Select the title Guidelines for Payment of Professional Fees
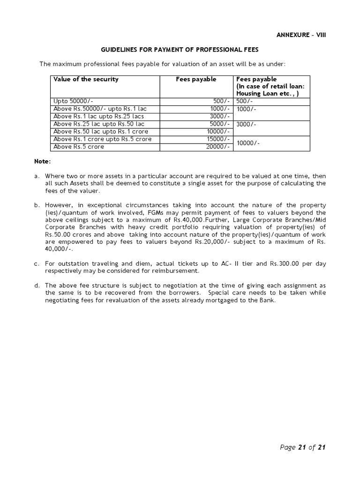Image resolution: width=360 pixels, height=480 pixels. [x=180, y=50]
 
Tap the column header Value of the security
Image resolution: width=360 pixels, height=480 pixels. [x=86, y=79]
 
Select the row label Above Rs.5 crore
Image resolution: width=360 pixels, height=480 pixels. [x=79, y=147]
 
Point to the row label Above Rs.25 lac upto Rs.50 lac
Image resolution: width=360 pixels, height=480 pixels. [x=93, y=124]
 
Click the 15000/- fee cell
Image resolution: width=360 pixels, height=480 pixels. [x=218, y=139]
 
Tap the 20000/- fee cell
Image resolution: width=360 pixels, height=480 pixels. [x=218, y=147]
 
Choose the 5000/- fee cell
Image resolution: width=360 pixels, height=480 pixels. [x=220, y=124]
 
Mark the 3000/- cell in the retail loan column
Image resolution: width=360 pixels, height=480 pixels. [x=247, y=124]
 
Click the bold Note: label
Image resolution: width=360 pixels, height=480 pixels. [x=42, y=161]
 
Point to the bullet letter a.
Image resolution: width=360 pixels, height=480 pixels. [x=36, y=176]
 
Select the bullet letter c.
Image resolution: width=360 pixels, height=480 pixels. [x=36, y=263]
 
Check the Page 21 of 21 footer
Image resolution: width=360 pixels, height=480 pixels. [x=302, y=447]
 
